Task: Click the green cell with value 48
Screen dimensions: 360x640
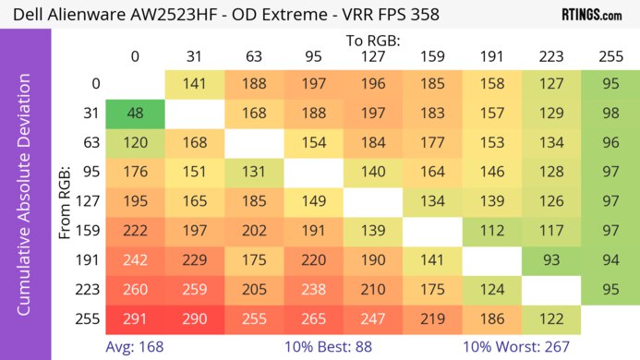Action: [x=135, y=112]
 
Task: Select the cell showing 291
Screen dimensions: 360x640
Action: [x=135, y=317]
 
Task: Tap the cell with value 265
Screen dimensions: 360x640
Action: [x=313, y=317]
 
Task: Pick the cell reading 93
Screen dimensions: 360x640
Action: [x=550, y=258]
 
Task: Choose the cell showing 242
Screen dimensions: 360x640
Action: [x=135, y=258]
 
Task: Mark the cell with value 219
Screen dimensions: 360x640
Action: [x=431, y=317]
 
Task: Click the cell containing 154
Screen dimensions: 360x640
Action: [x=313, y=141]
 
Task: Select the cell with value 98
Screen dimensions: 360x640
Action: [x=610, y=112]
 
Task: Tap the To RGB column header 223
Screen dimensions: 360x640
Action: [x=550, y=56]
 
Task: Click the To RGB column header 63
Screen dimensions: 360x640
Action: [x=253, y=56]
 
